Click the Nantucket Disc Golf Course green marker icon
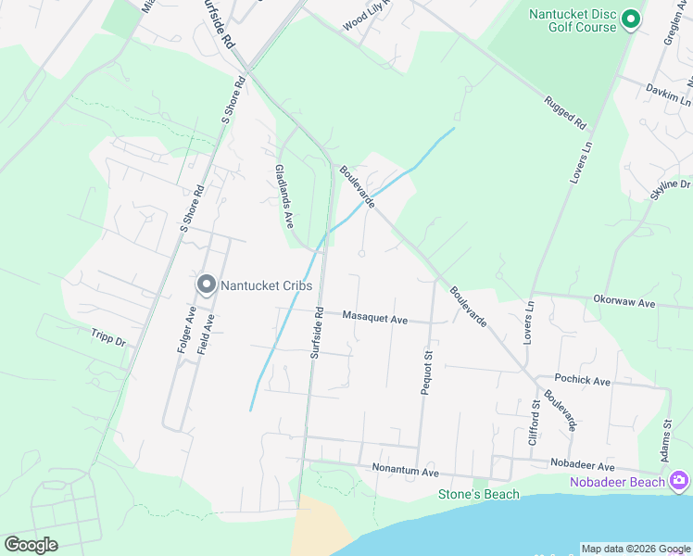tap(632, 19)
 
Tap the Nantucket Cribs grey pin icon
tap(207, 284)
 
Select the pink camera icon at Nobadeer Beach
tap(679, 480)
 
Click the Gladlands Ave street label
tap(283, 196)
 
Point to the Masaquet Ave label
tap(375, 319)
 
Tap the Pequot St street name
tap(427, 373)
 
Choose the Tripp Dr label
tap(108, 339)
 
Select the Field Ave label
tap(210, 335)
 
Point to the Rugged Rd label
tap(565, 112)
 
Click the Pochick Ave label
tap(582, 381)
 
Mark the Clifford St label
tap(534, 422)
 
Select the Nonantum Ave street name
tap(405, 472)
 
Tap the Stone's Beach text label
tap(479, 494)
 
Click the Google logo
tap(31, 545)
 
